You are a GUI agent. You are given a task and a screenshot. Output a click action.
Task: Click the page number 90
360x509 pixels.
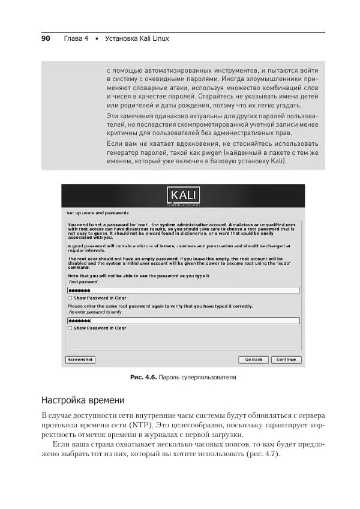coord(45,38)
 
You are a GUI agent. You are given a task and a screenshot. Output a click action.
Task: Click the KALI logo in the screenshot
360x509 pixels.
coord(183,196)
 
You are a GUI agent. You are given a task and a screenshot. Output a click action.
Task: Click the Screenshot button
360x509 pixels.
coord(80,360)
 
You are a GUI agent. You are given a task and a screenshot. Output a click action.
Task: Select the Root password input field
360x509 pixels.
coord(183,291)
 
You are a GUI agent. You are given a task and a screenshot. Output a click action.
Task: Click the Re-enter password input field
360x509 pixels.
coord(183,321)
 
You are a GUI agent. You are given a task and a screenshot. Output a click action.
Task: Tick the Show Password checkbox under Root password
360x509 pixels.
coord(70,298)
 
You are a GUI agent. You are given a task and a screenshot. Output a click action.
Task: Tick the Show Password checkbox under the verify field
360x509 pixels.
coord(70,328)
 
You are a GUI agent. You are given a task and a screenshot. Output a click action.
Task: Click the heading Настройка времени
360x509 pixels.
coord(82,400)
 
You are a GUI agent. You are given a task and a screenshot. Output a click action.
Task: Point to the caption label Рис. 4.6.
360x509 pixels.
coord(143,378)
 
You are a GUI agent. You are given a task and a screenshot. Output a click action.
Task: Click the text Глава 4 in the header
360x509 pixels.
coord(76,38)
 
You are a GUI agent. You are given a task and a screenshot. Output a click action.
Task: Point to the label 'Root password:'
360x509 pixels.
coord(84,282)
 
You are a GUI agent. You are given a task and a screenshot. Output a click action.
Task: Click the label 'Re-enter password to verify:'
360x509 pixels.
coord(97,312)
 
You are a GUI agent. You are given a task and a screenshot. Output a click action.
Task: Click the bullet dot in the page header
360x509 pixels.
coord(96,38)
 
